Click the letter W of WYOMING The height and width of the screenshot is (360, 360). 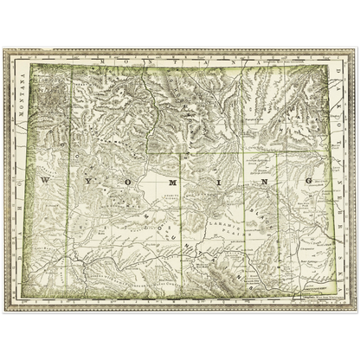(46, 179)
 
